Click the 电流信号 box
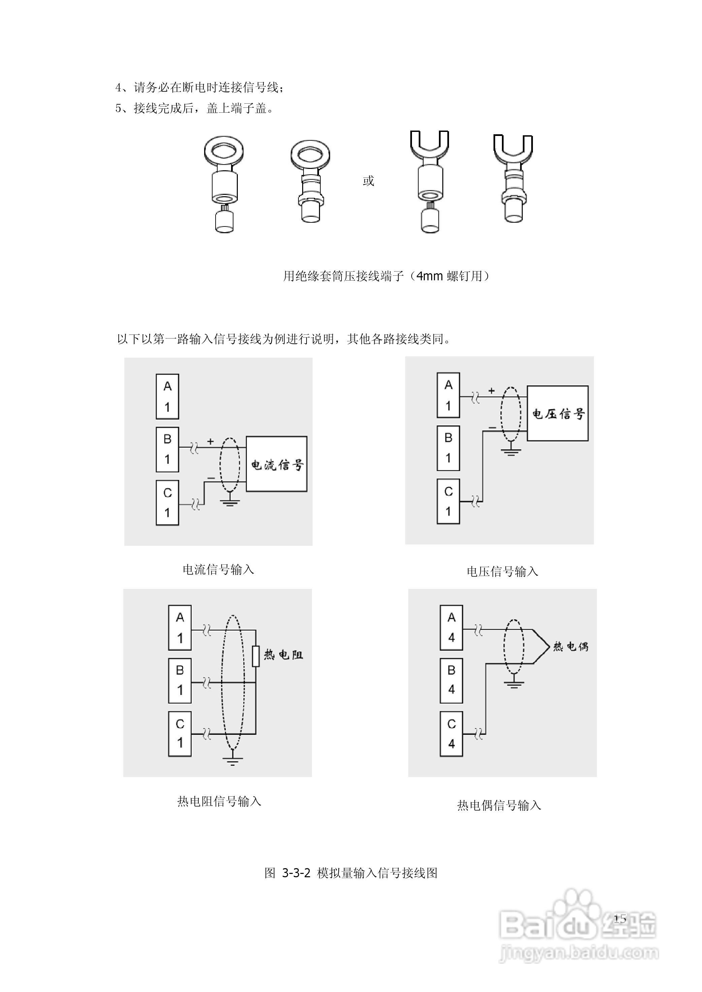pyautogui.click(x=277, y=464)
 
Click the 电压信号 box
pyautogui.click(x=557, y=414)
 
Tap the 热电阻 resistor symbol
pyautogui.click(x=256, y=656)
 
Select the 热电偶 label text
pyautogui.click(x=571, y=647)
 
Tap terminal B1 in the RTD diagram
pyautogui.click(x=180, y=680)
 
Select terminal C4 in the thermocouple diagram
pyautogui.click(x=451, y=734)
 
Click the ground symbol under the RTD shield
pyautogui.click(x=233, y=760)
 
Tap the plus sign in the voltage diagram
pyautogui.click(x=491, y=391)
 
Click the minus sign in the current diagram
pyautogui.click(x=211, y=478)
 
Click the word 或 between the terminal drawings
pyautogui.click(x=368, y=181)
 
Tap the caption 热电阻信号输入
pyautogui.click(x=219, y=802)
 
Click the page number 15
pyautogui.click(x=620, y=919)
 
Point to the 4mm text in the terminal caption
pyautogui.click(x=430, y=276)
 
